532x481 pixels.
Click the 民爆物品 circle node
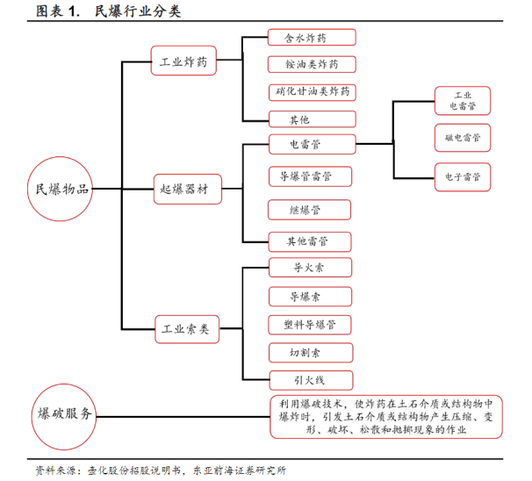pyautogui.click(x=60, y=189)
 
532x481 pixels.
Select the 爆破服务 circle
pyautogui.click(x=64, y=417)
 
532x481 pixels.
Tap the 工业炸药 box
pyautogui.click(x=183, y=61)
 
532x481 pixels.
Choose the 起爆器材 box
pyautogui.click(x=188, y=189)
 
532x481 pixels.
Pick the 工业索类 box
pyautogui.click(x=187, y=329)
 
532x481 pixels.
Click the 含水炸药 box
pyautogui.click(x=312, y=38)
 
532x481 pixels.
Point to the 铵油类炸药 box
pyautogui.click(x=312, y=64)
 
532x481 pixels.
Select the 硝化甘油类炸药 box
pyautogui.click(x=313, y=93)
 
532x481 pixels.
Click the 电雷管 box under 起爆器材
pyautogui.click(x=313, y=145)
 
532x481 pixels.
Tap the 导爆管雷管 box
pyautogui.click(x=310, y=176)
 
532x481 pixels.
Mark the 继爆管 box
pyautogui.click(x=309, y=210)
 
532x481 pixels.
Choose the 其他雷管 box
pyautogui.click(x=310, y=242)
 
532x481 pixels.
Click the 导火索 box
pyautogui.click(x=310, y=268)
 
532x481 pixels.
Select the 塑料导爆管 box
pyautogui.click(x=310, y=325)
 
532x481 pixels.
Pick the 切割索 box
pyautogui.click(x=311, y=353)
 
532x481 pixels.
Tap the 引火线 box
pyautogui.click(x=311, y=380)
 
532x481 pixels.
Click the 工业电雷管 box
pyautogui.click(x=463, y=101)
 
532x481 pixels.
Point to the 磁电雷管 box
pyautogui.click(x=463, y=138)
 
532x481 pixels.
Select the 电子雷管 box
pyautogui.click(x=463, y=177)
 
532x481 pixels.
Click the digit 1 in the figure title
pyautogui.click(x=73, y=11)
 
